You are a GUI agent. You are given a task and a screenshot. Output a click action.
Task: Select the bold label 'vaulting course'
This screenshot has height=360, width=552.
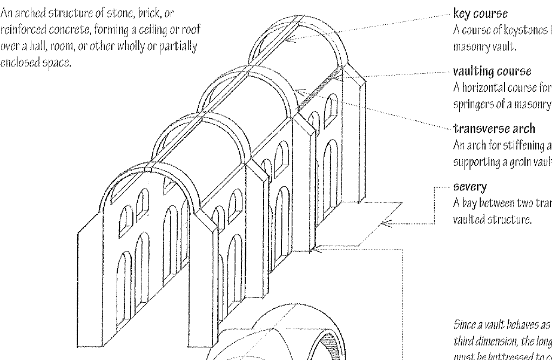pos(484,71)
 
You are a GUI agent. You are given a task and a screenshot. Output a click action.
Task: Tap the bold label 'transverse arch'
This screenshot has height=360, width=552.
pos(487,128)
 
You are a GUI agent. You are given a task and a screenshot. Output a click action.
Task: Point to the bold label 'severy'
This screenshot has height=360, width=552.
pos(469,186)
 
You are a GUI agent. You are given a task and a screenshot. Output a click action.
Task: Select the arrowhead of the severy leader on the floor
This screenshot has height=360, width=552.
pos(385,223)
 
